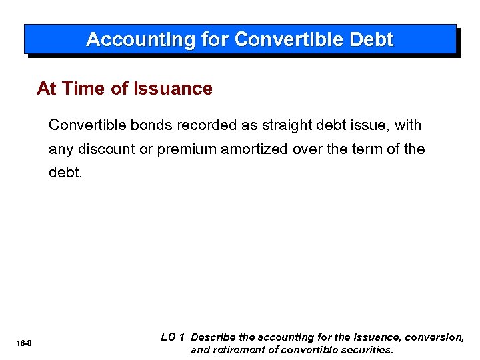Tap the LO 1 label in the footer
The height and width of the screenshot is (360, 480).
[173, 337]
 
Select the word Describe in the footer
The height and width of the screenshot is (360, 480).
[213, 338]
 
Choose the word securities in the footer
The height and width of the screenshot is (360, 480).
[366, 350]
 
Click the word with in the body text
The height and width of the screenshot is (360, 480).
[407, 125]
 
